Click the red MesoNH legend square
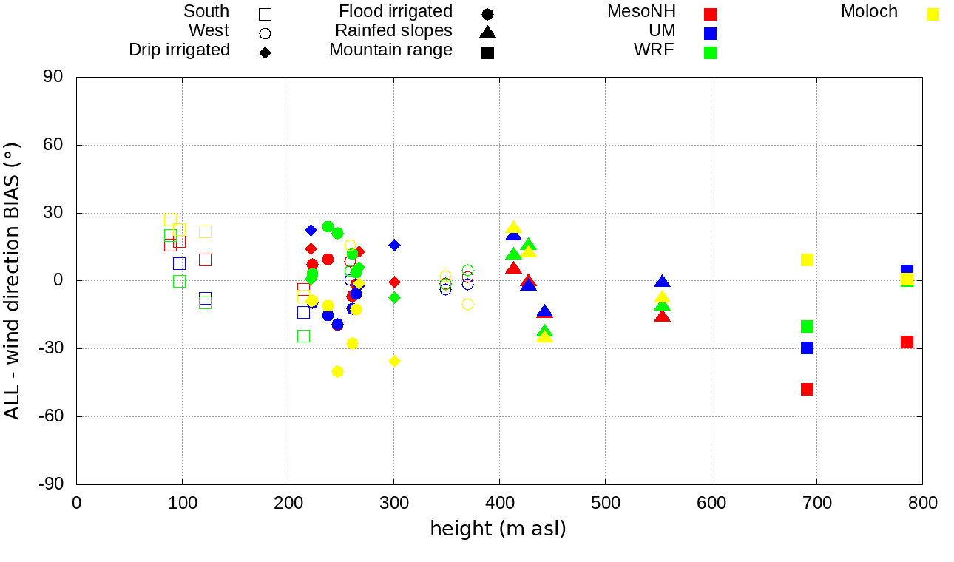(x=711, y=14)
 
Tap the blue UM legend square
(x=711, y=33)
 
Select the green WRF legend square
(x=711, y=53)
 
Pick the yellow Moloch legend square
(x=933, y=14)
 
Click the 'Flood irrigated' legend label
(x=396, y=12)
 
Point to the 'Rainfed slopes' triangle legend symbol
(x=487, y=32)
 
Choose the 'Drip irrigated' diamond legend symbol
(x=265, y=53)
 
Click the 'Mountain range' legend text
(x=390, y=50)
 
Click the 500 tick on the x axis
(x=606, y=504)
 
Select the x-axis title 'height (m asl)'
(x=498, y=529)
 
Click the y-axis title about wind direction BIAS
(x=13, y=281)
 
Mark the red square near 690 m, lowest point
(x=807, y=389)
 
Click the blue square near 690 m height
(x=807, y=348)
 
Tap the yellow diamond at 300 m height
(x=394, y=361)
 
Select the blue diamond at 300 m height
(x=394, y=245)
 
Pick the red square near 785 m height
(x=907, y=342)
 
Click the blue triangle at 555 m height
(x=662, y=282)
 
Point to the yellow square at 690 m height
(x=807, y=260)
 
